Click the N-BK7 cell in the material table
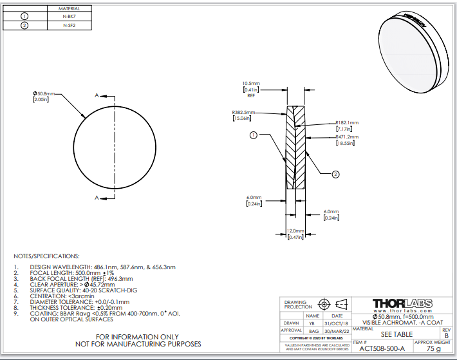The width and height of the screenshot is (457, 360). click(x=69, y=16)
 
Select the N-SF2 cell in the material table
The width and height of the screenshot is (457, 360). click(x=69, y=25)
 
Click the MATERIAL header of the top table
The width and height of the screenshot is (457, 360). click(x=69, y=8)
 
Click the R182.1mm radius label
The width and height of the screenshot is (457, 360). click(x=347, y=122)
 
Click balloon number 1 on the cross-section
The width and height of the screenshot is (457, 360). click(x=254, y=135)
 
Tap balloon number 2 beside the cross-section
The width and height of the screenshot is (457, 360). click(x=335, y=174)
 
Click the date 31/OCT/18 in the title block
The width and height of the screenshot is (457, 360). click(x=337, y=323)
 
